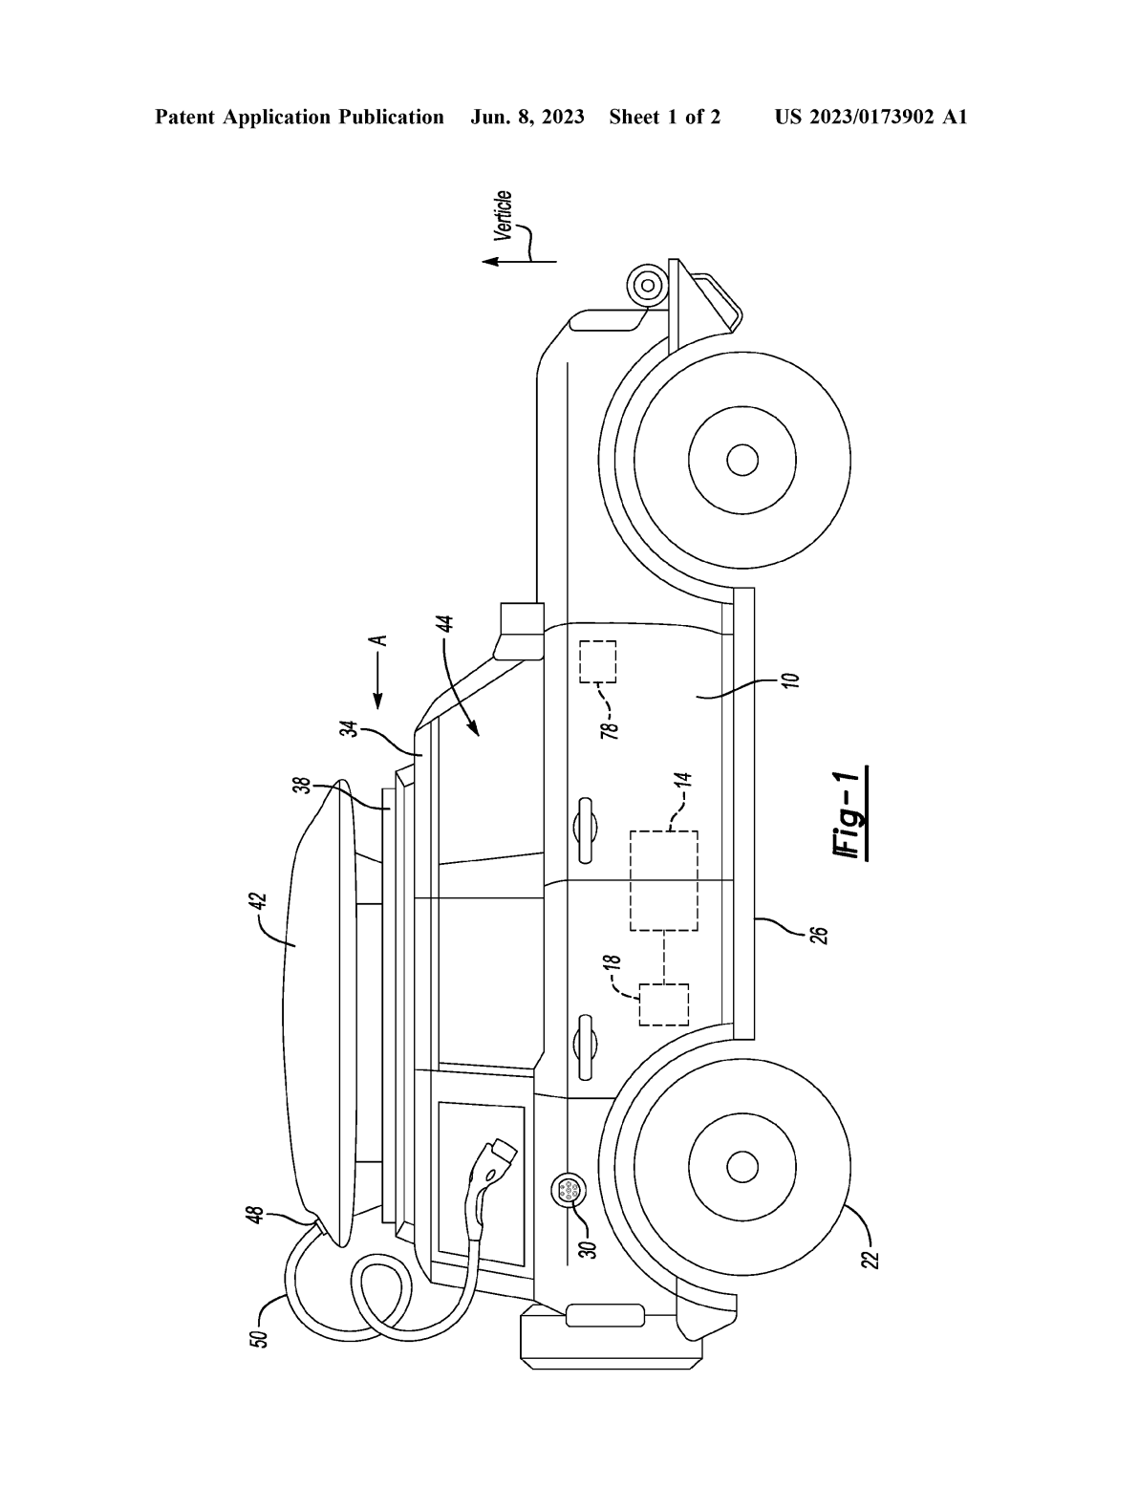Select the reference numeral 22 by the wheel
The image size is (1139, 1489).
click(x=870, y=1253)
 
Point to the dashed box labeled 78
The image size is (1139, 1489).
click(x=598, y=661)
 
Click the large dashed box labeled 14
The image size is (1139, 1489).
click(x=663, y=880)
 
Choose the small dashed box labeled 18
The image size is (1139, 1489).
click(x=663, y=1003)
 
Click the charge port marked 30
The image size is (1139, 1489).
click(x=568, y=1191)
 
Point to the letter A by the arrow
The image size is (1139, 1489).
click(x=379, y=640)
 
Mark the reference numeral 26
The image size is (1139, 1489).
click(x=820, y=932)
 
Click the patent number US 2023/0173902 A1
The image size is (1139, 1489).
click(x=870, y=118)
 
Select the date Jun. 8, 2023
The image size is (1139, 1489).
click(x=527, y=118)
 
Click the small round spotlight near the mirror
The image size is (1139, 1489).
click(x=647, y=285)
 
